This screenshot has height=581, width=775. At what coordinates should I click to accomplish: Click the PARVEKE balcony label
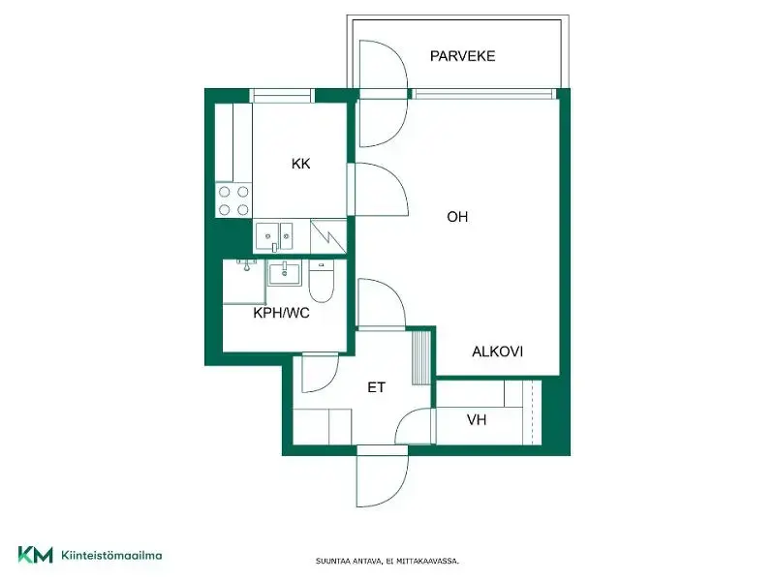click(462, 56)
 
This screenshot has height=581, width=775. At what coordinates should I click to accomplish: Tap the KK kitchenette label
click(300, 164)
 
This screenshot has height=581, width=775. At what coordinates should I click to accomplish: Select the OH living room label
click(457, 216)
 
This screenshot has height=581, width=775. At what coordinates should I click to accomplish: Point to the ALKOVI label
click(497, 352)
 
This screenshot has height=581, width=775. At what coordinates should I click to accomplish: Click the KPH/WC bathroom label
click(281, 313)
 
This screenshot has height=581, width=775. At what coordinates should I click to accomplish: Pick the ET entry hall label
click(376, 387)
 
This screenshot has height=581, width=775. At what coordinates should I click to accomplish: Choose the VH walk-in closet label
click(477, 420)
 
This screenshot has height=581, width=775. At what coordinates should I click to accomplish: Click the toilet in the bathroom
click(322, 281)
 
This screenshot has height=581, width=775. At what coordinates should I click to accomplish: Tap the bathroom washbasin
click(284, 273)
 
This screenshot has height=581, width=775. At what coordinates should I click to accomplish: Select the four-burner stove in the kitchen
click(233, 200)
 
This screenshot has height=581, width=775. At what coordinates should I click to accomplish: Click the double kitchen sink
click(274, 236)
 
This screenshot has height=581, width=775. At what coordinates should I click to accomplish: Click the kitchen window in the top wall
click(282, 95)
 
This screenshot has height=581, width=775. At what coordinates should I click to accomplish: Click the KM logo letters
click(35, 555)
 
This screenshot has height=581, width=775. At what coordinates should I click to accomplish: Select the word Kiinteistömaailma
click(111, 555)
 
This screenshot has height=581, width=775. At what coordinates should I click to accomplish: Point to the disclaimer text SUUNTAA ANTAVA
click(350, 562)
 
